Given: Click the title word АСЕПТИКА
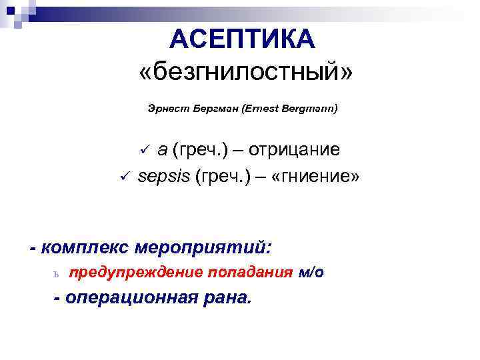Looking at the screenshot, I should pos(242,39).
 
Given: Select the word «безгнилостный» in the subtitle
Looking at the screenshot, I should pos(243,72).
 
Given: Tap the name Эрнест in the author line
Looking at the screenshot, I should pos(162,108).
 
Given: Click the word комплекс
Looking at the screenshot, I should pos(85,248).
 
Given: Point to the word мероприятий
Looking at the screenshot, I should pos(203,248).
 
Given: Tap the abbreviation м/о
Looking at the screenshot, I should pos(312,273).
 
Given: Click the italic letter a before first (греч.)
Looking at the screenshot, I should pos(162,151).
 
